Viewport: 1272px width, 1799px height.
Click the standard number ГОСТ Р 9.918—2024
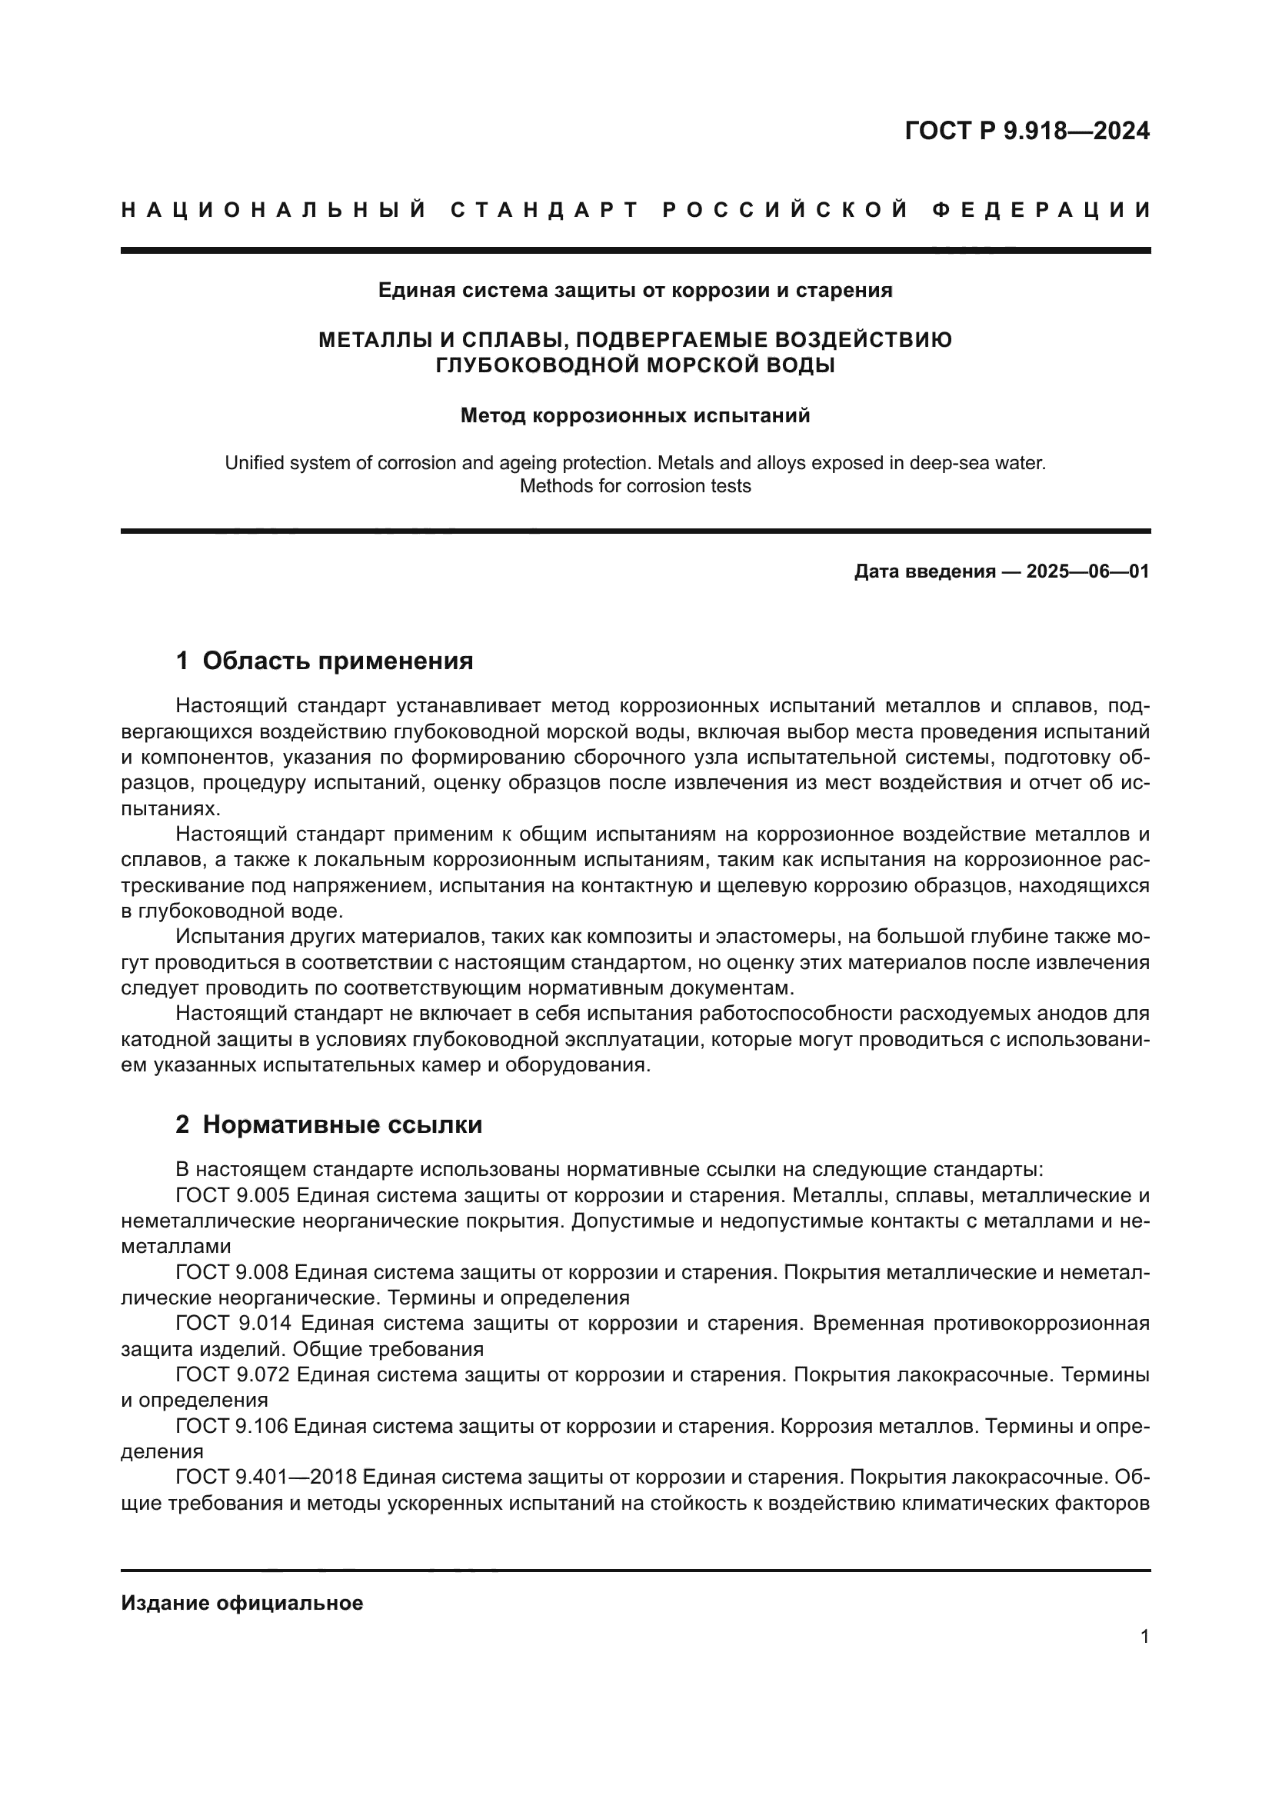(x=1027, y=131)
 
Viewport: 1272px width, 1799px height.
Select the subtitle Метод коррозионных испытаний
(x=635, y=415)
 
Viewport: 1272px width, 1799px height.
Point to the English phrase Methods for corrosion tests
(x=635, y=486)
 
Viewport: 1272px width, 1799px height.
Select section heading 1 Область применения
(x=325, y=661)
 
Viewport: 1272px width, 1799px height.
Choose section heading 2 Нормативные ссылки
(x=329, y=1124)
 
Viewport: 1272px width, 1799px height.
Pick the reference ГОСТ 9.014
(x=234, y=1324)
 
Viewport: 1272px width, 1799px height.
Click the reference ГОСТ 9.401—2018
(x=266, y=1477)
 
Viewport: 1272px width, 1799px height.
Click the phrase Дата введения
(x=921, y=571)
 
